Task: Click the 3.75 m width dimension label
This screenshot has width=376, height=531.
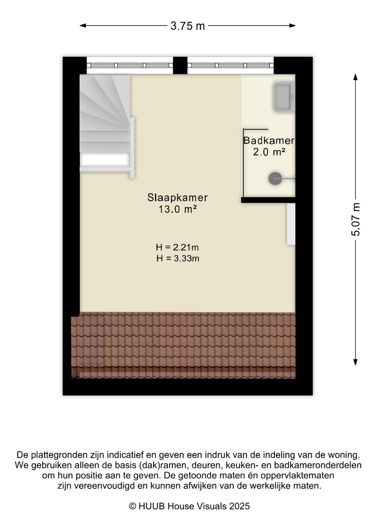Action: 188,26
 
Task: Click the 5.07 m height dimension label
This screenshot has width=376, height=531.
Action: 355,220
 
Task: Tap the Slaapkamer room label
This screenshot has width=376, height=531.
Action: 178,198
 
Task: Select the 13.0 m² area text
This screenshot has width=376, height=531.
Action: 178,209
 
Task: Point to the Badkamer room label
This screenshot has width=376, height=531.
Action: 269,141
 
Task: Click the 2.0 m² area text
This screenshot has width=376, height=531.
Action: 269,152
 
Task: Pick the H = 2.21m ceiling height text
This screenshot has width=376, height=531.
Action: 177,247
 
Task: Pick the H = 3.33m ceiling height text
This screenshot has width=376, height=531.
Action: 178,259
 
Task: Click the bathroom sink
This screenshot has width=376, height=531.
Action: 284,97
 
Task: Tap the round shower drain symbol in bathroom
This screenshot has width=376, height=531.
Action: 275,179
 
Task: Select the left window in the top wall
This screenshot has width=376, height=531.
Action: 130,65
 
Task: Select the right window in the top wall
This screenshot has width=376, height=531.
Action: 230,65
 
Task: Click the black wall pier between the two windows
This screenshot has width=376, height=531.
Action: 180,65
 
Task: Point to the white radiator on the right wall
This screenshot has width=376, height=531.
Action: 291,224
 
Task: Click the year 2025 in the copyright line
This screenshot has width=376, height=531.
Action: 239,506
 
